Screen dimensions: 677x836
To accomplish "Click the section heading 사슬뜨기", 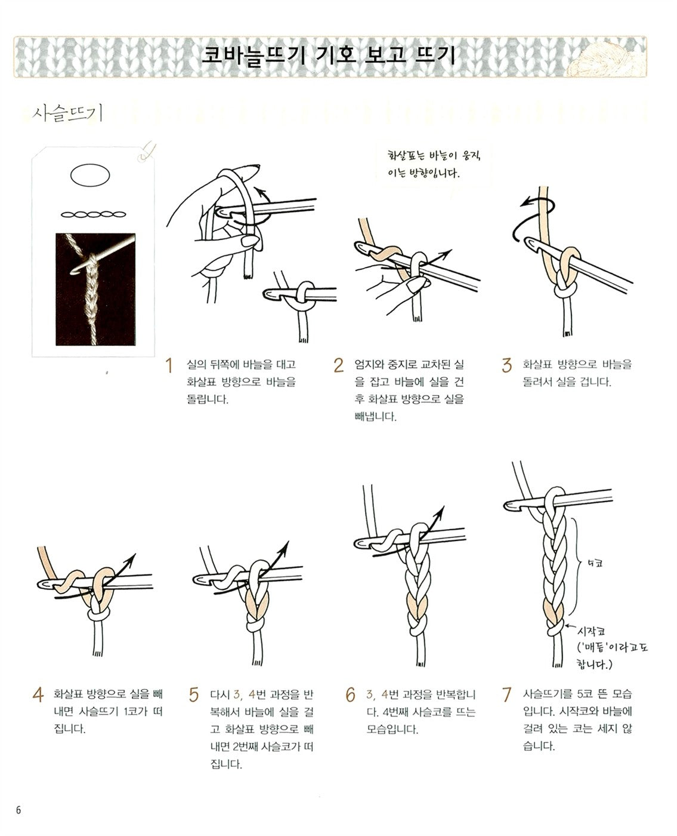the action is point(67,113).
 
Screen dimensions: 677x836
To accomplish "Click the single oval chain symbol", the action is point(90,175).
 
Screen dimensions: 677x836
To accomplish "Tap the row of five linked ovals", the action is point(93,215).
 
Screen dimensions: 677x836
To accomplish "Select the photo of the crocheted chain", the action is point(95,290).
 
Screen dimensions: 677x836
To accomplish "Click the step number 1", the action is point(169,365).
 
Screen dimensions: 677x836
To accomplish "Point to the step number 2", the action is point(338,365).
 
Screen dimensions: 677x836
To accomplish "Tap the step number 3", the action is point(507,365).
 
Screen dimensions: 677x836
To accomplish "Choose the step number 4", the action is point(38,694).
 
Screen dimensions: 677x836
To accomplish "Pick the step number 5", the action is point(194,694).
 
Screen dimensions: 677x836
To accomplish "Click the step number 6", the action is point(350,694).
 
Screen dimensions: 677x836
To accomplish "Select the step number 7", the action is point(506,694).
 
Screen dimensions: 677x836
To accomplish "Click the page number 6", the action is point(18,810).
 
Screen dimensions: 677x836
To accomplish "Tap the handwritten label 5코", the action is point(595,563).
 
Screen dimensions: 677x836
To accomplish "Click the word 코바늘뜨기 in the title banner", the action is point(253,56).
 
